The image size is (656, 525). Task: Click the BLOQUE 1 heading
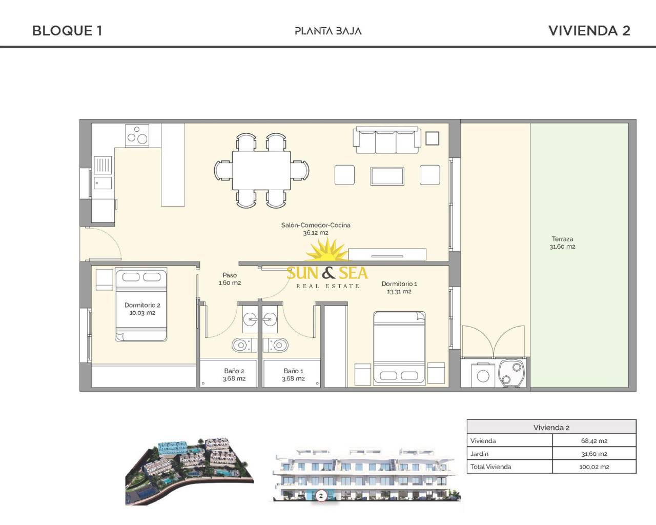[67, 31]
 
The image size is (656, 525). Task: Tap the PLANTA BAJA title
[328, 31]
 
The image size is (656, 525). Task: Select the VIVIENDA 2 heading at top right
[589, 31]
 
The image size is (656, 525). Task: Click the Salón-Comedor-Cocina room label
[316, 229]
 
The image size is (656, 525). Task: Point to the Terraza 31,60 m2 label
[562, 243]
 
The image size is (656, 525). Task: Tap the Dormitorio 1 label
[399, 287]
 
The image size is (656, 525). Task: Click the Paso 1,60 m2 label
[230, 279]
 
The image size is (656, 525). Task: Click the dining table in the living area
[261, 170]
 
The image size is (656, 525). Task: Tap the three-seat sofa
[387, 141]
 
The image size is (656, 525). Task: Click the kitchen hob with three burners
[137, 135]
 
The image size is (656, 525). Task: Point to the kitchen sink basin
[102, 183]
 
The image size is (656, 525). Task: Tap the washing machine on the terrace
[483, 375]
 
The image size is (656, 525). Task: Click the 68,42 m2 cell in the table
[594, 441]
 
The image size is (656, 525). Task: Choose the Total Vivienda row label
[490, 467]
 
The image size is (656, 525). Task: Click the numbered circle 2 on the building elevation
[321, 496]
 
